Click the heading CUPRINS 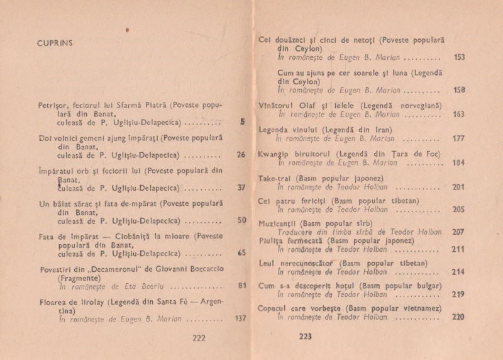(x=55, y=43)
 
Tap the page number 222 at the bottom (x=199, y=337)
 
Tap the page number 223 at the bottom (x=305, y=337)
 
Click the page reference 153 (x=459, y=57)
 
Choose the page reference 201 (x=458, y=186)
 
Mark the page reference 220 (x=458, y=317)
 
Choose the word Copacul (x=275, y=308)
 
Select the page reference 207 (x=458, y=232)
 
